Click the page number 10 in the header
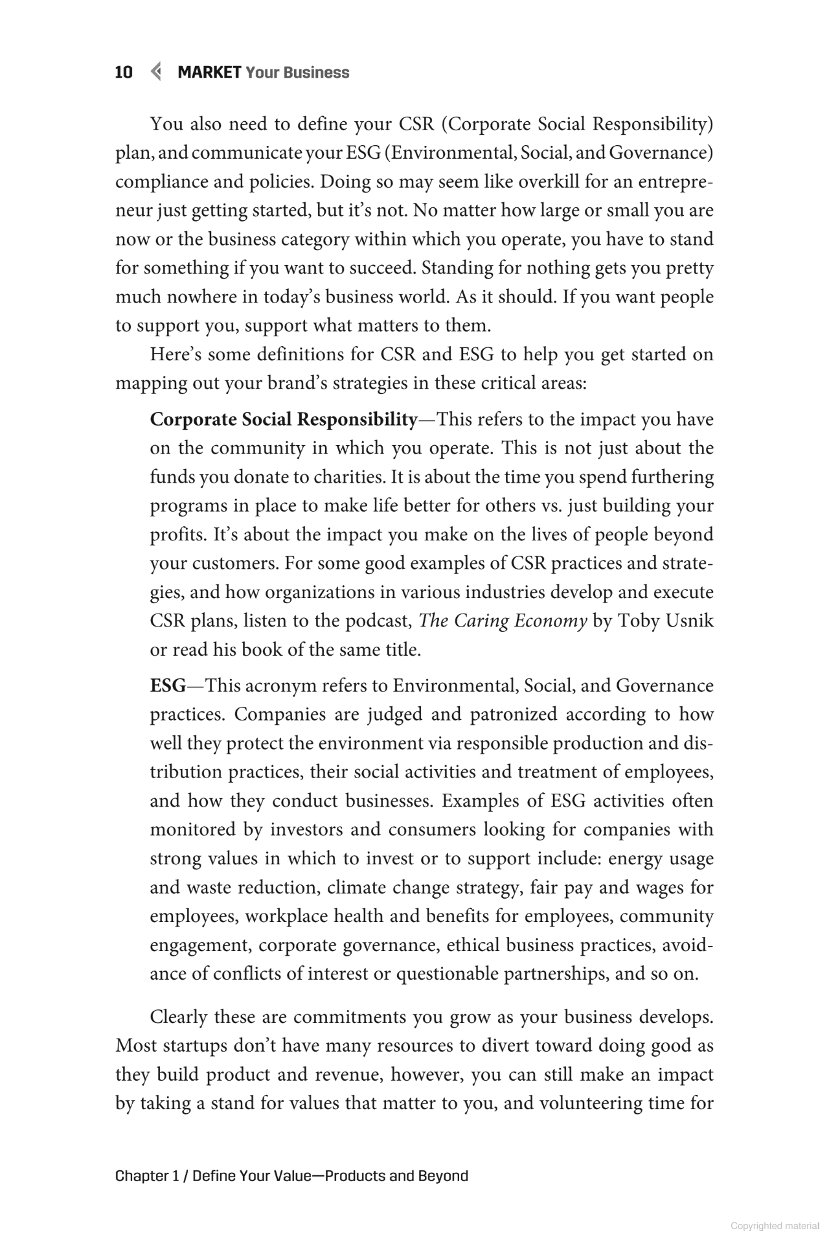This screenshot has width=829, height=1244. coord(124,73)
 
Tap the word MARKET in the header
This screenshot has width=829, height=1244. coord(209,73)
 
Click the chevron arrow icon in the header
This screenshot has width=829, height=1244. coord(155,72)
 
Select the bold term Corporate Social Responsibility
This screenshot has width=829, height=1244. coord(283,420)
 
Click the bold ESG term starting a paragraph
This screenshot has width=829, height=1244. coord(167,685)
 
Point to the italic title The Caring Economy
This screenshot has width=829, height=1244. coord(503,621)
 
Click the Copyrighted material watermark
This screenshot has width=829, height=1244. coord(775,1226)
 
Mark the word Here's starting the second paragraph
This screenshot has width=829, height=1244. coord(176,355)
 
